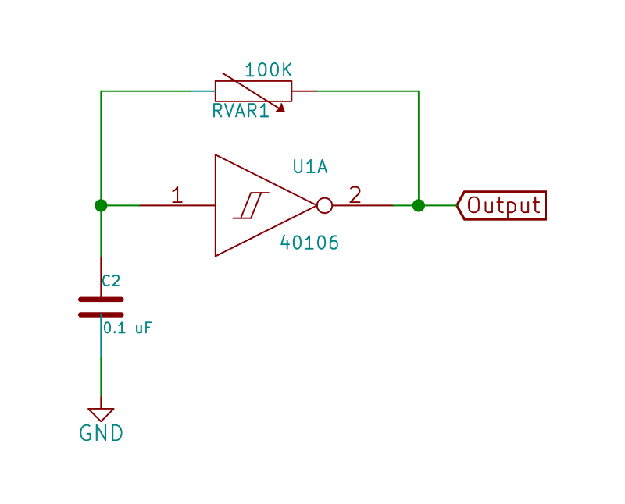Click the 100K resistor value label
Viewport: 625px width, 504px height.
click(x=268, y=70)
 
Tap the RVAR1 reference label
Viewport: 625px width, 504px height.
click(x=241, y=111)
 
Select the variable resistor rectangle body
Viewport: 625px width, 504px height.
click(x=253, y=91)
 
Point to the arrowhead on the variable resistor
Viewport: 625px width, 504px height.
click(x=281, y=108)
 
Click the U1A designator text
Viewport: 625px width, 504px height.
click(x=310, y=167)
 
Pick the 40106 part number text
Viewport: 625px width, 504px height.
click(x=309, y=243)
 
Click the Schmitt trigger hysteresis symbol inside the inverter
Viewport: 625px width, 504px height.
click(x=251, y=205)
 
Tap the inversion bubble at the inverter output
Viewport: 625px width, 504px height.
click(x=324, y=205)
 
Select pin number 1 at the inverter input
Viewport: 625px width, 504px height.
click(x=177, y=195)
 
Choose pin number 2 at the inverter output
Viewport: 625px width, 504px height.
click(x=355, y=195)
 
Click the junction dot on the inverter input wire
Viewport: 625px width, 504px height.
click(x=101, y=205)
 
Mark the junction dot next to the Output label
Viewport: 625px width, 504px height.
click(x=419, y=205)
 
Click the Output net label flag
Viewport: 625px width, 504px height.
click(x=502, y=205)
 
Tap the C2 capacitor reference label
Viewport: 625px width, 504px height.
click(x=111, y=281)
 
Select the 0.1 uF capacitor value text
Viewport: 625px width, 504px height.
click(x=127, y=328)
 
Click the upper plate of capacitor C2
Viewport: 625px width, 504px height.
click(x=101, y=300)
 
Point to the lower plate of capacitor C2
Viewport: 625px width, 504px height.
click(x=101, y=314)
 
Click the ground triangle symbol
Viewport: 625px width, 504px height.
click(x=101, y=413)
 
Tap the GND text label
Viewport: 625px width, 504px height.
click(x=102, y=433)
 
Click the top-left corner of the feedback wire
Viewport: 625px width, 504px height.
click(x=101, y=91)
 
